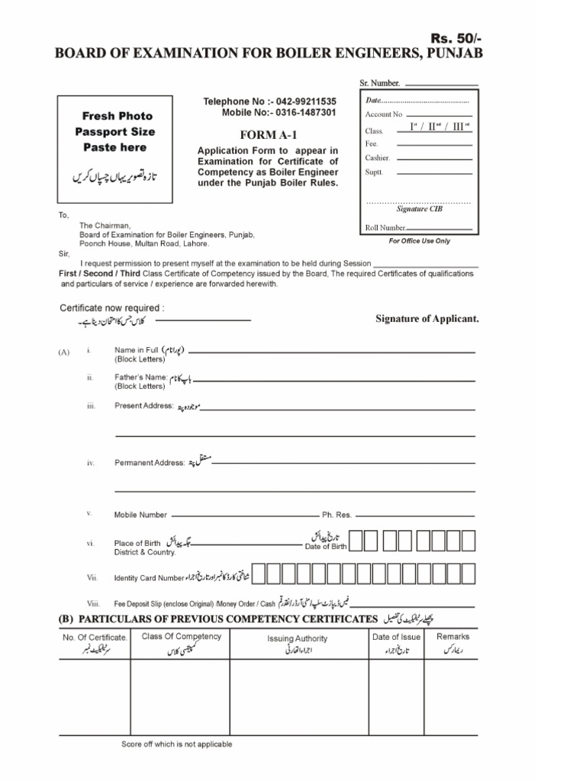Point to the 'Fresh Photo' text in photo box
[118, 116]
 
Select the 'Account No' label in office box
[383, 114]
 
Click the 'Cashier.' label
[378, 158]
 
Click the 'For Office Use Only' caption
[419, 241]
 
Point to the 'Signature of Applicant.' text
[427, 318]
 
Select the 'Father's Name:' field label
[140, 378]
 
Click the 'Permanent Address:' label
[150, 462]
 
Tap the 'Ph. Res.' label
[336, 515]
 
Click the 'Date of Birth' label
[326, 547]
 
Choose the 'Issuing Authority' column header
[297, 638]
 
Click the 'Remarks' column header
[452, 636]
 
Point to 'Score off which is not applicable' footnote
[177, 744]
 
